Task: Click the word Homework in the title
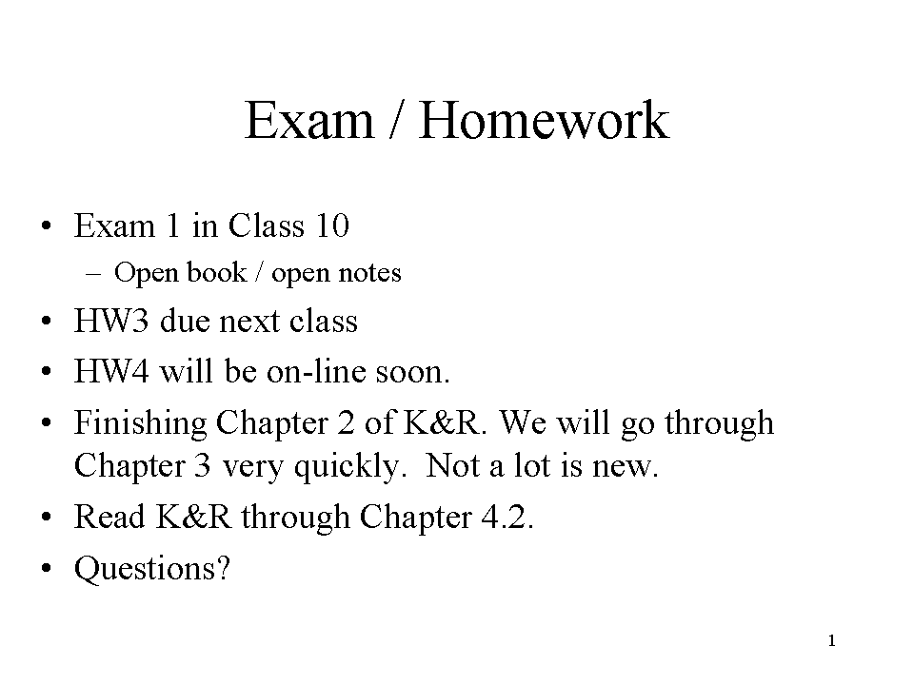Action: pyautogui.click(x=544, y=120)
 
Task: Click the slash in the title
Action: pyautogui.click(x=396, y=120)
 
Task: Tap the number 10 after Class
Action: pyautogui.click(x=331, y=225)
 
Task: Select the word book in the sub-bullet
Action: pyautogui.click(x=216, y=272)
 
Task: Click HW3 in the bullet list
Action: pyautogui.click(x=110, y=321)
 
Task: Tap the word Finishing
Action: pyautogui.click(x=140, y=423)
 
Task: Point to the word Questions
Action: pyautogui.click(x=152, y=569)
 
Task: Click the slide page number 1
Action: pyautogui.click(x=832, y=640)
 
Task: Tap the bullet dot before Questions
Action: pyautogui.click(x=47, y=568)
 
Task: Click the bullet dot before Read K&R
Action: pyautogui.click(x=47, y=517)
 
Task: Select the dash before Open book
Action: pyautogui.click(x=92, y=273)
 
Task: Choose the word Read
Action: pyautogui.click(x=109, y=517)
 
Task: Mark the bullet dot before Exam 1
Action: pyautogui.click(x=47, y=225)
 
